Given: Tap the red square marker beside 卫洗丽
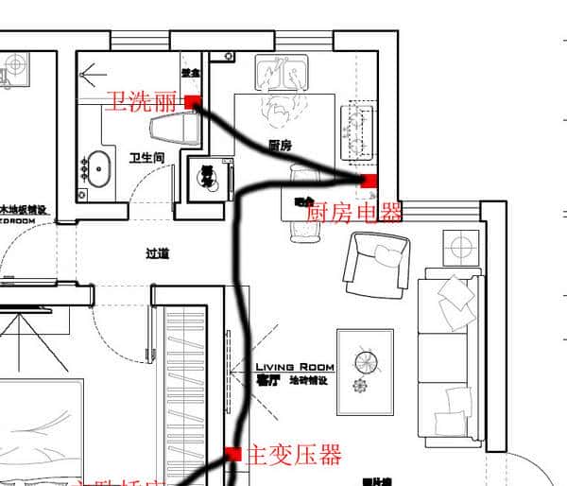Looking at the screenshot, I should [192, 102].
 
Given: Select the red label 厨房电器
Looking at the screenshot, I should [353, 211].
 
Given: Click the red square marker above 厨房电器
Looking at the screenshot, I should [369, 180].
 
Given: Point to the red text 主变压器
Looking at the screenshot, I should [293, 456].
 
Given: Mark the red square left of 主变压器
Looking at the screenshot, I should [233, 455].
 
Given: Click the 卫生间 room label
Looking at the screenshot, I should [147, 158].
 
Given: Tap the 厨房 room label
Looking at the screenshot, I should [280, 146].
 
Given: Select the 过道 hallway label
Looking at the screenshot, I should [158, 253].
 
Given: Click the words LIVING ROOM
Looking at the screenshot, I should [295, 367].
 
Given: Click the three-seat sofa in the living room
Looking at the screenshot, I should [451, 357].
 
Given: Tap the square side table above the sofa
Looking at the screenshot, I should [460, 248].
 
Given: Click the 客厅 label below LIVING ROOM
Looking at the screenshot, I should [268, 381].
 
